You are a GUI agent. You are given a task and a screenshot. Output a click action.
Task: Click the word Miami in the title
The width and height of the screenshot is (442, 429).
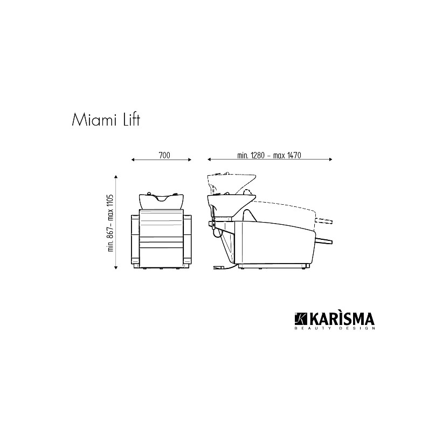point(94,120)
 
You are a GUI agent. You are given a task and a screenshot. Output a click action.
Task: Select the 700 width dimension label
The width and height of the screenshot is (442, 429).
point(164,155)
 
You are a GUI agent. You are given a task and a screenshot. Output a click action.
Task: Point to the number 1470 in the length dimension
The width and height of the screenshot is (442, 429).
point(294,155)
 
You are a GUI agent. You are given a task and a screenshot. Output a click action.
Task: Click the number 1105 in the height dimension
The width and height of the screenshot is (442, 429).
point(110,201)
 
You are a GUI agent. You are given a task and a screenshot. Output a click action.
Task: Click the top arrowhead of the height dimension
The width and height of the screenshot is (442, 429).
point(116,177)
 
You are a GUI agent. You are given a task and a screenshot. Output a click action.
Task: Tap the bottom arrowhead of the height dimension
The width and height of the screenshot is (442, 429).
point(116,267)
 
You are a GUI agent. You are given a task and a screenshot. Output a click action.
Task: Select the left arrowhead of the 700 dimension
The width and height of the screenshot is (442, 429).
point(133,160)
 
